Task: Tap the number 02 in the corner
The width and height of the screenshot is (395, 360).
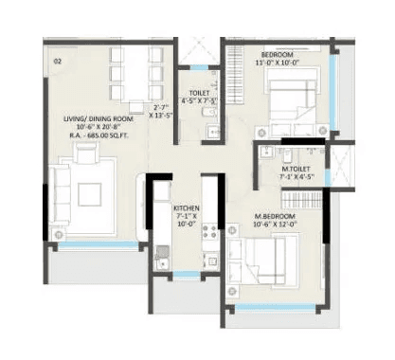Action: tap(58, 61)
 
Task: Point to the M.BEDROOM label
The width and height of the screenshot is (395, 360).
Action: tap(275, 217)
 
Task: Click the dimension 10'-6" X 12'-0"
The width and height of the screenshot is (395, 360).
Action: tap(275, 226)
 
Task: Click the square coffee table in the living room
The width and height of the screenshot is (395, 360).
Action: tap(90, 192)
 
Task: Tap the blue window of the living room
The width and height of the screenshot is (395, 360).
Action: tap(99, 244)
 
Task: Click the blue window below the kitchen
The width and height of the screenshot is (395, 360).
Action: tap(187, 274)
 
